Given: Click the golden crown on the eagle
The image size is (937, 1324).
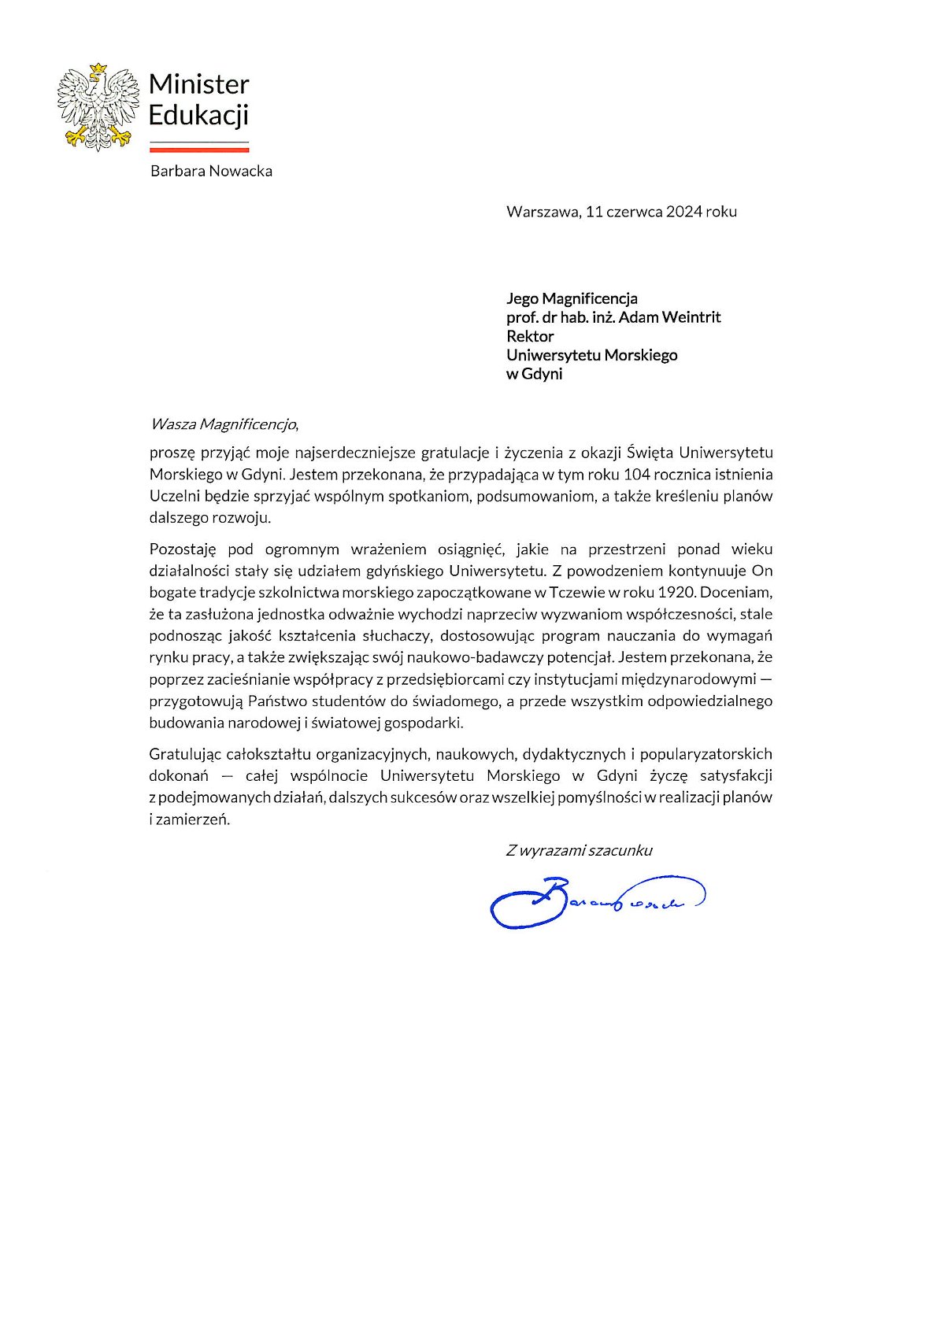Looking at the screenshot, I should coord(98,69).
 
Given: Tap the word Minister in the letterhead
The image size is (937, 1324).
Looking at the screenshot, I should coord(198,83).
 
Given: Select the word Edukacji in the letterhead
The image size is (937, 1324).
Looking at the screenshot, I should coord(198,115).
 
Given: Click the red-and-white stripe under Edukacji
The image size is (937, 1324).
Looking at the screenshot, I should coord(198,146).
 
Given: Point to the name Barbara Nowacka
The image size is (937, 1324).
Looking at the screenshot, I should coord(211,171).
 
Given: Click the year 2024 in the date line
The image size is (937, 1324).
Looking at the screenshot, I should coord(683,211).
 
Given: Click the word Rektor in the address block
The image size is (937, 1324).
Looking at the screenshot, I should coord(530,336).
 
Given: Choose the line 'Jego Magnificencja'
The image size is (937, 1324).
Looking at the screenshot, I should coord(572,298).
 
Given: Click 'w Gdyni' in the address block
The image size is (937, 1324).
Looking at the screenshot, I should coord(534,374).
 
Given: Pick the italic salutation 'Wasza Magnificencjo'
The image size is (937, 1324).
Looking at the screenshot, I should coord(224,424).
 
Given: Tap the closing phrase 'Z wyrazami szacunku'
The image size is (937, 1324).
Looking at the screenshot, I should coord(579,850).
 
